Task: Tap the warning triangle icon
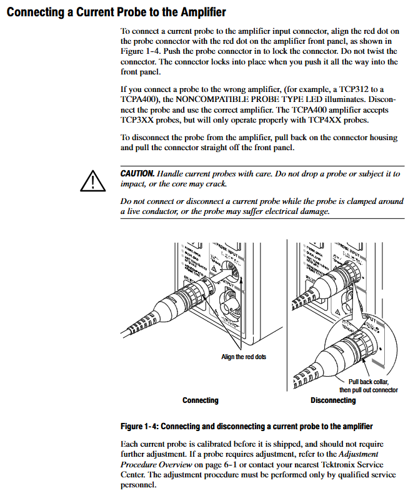pos(91,180)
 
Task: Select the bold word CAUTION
pos(137,173)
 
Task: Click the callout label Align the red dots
pos(243,357)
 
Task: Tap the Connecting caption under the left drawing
pos(200,400)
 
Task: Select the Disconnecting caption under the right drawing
pos(332,400)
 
